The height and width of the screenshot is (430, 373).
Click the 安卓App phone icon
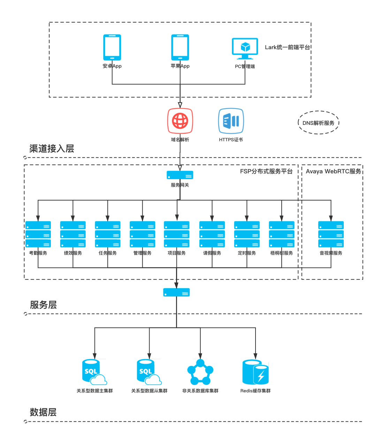point(112,47)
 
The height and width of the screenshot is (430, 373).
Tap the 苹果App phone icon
point(180,47)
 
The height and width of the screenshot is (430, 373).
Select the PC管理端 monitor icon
point(245,48)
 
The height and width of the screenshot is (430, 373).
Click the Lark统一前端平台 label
point(287,47)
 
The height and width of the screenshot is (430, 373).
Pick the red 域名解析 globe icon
point(180,121)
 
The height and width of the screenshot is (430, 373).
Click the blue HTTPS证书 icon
point(231,121)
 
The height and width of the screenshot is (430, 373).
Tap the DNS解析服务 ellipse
point(318,123)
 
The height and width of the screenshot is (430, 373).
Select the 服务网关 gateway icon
point(180,175)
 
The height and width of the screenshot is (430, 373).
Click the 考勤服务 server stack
point(38,234)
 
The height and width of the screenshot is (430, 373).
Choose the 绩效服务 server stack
point(73,234)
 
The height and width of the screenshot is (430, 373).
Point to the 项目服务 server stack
point(177,234)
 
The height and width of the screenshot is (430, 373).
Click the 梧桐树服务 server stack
point(282,234)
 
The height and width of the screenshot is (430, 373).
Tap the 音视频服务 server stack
point(331,234)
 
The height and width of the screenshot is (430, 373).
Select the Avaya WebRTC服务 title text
point(333,171)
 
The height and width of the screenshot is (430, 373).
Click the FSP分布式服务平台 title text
point(266,171)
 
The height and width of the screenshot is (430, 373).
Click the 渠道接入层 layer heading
point(52,149)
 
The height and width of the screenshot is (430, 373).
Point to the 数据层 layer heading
point(43,412)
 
